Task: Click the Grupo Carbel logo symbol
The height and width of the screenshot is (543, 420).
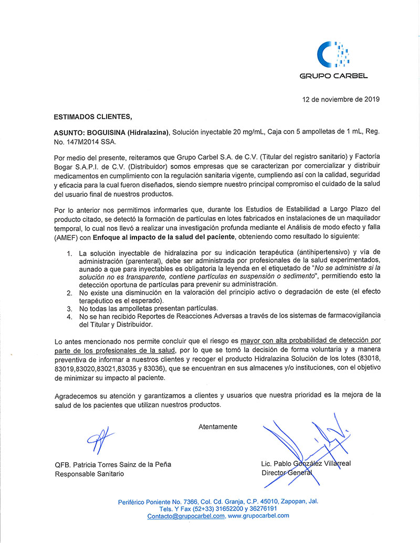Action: (333, 54)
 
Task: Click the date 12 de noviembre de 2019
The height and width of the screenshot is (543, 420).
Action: (341, 99)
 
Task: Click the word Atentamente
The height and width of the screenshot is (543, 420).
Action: (218, 427)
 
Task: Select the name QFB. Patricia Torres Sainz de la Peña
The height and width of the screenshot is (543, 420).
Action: (113, 464)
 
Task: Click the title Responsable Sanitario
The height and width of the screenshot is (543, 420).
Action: (90, 474)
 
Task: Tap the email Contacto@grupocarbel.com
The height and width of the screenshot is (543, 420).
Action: (186, 516)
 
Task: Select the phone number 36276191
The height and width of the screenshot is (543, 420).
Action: (261, 508)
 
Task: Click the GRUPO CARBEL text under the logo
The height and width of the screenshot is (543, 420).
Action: (333, 76)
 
